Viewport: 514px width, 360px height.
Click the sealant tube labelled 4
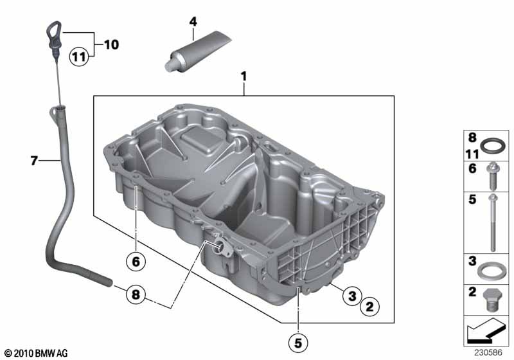[x=186, y=53]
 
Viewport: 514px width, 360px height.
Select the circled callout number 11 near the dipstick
[x=78, y=57]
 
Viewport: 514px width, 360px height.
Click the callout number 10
[x=111, y=45]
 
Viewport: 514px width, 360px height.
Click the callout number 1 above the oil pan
[x=244, y=76]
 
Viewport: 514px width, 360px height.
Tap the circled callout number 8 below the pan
[x=135, y=296]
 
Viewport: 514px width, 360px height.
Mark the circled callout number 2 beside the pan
[x=369, y=308]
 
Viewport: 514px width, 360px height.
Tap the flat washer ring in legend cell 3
[x=492, y=270]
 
